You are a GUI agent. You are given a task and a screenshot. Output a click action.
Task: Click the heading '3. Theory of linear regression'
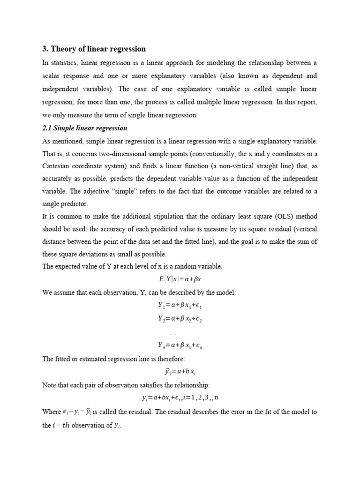tap(94, 49)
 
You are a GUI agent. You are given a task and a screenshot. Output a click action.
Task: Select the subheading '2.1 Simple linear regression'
tap(85, 128)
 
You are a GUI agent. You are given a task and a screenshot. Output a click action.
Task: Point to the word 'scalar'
tap(52, 75)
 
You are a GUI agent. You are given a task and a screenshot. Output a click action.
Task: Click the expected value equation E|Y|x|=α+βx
tap(180, 279)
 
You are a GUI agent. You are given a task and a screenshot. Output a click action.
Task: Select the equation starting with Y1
tap(180, 306)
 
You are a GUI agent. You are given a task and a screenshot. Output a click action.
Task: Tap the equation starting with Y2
tap(180, 319)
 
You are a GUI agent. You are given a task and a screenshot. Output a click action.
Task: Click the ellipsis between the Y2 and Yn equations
tap(172, 333)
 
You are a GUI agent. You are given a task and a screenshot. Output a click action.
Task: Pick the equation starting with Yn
tap(180, 346)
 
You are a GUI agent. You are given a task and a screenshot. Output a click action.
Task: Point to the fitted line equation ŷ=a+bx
tap(180, 372)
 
